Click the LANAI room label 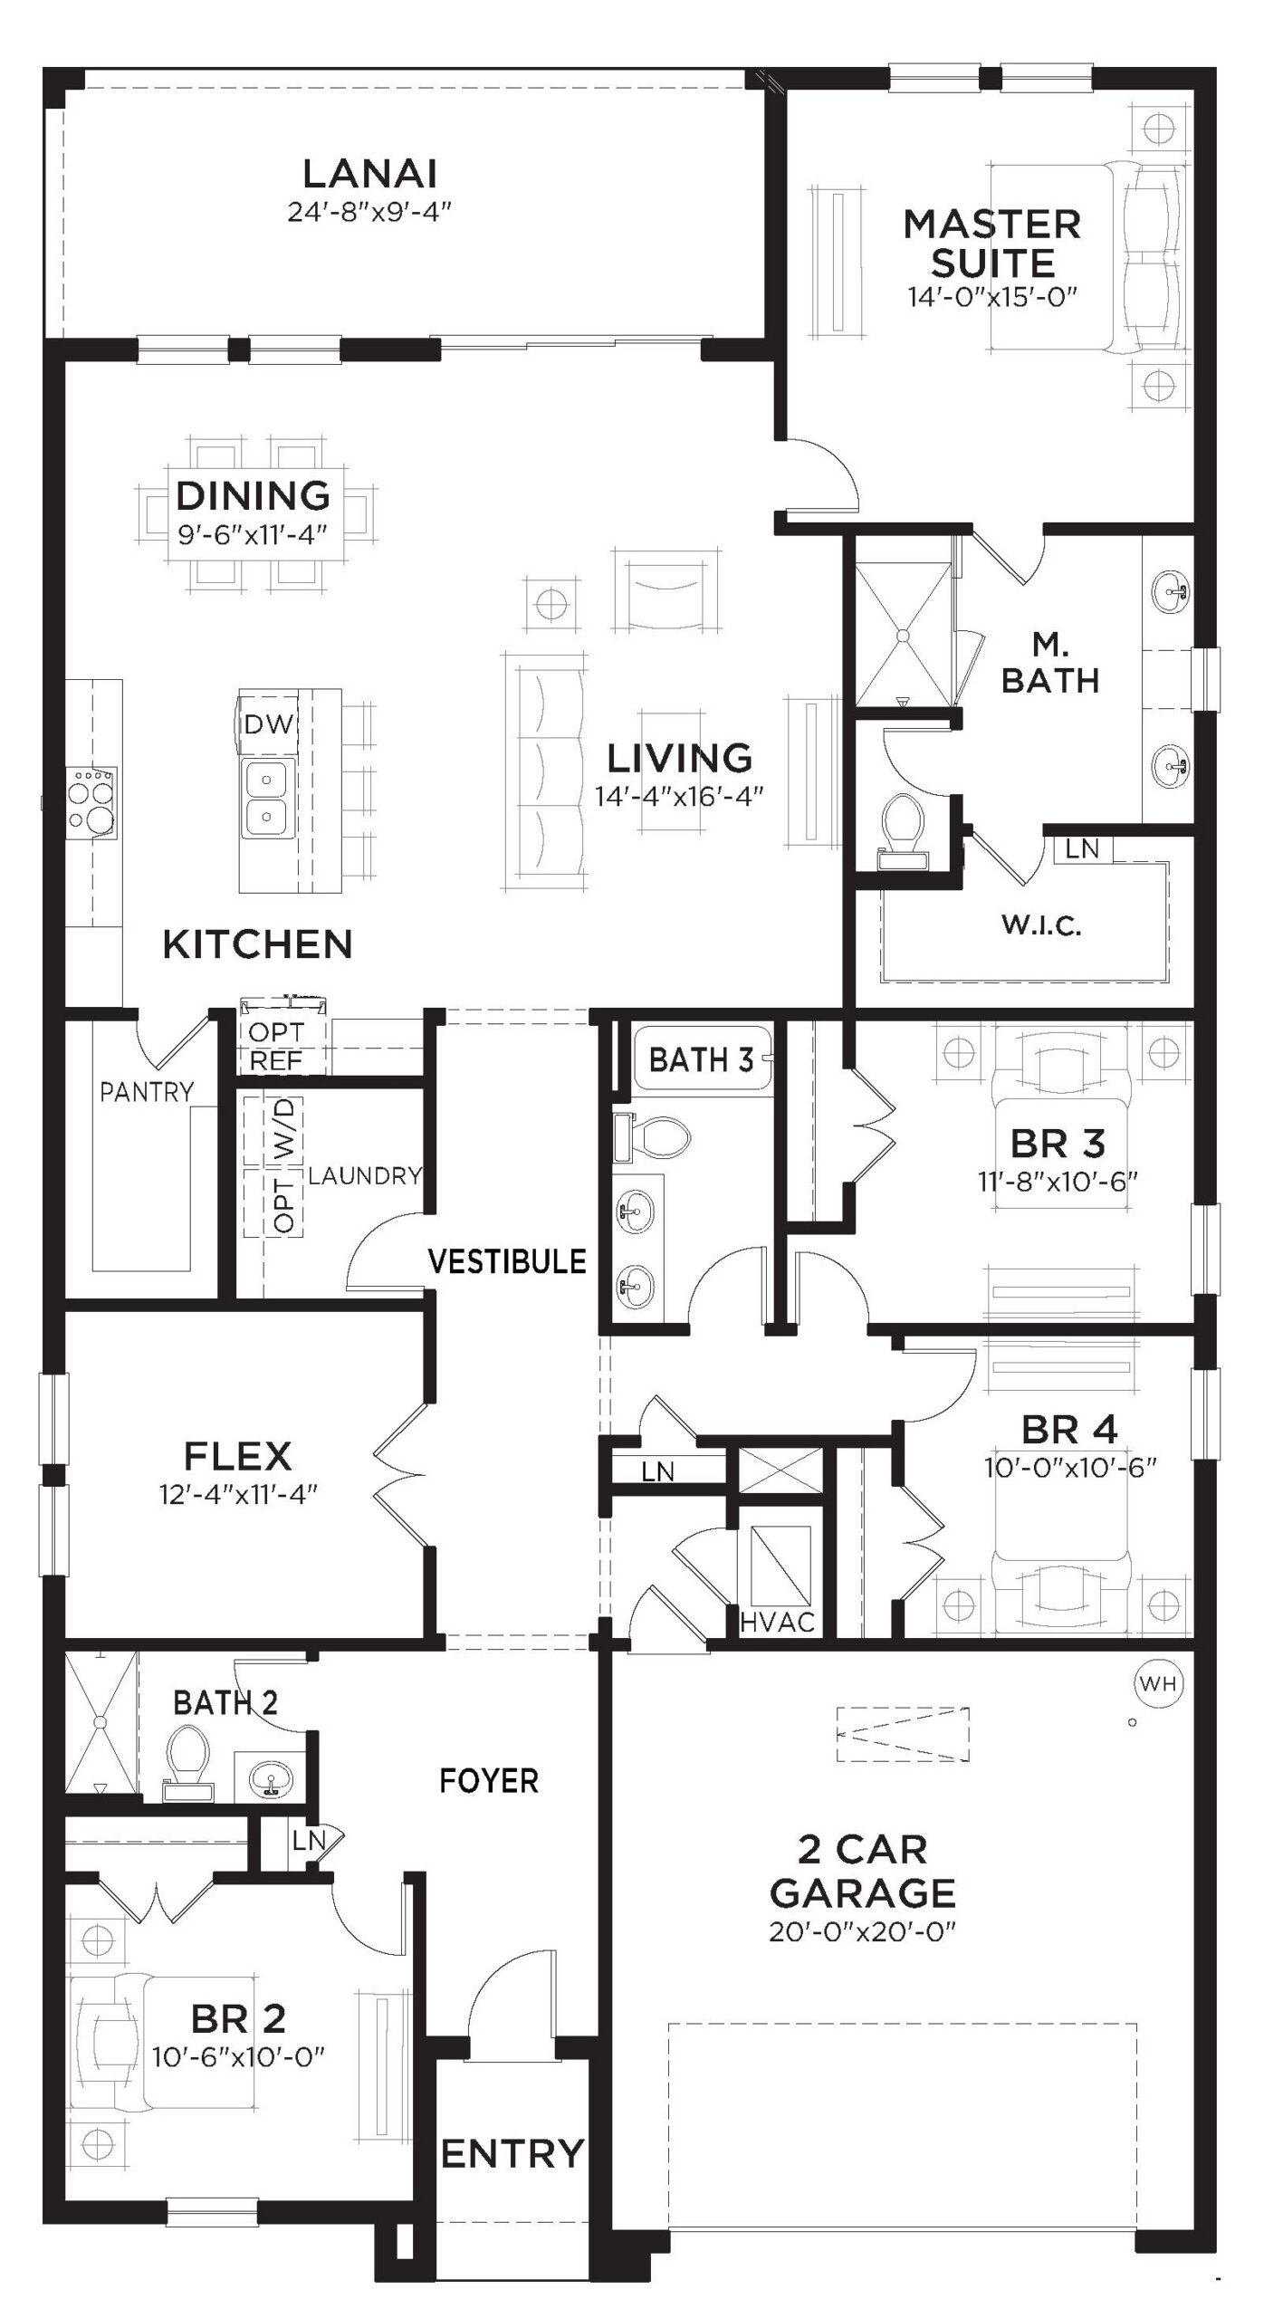point(369,173)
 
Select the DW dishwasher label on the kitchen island point(269,723)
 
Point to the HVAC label point(777,1622)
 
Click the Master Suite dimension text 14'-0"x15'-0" point(992,296)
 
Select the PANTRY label point(147,1092)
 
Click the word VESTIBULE point(507,1260)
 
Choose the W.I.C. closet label point(1041,925)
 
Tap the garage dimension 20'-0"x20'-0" point(863,1931)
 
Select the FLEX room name point(238,1456)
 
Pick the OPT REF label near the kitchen point(276,1046)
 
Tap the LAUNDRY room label point(365,1175)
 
